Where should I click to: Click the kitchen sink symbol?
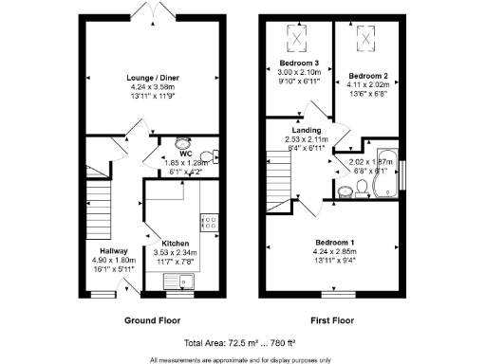coord(178,281)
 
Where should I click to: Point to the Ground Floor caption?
coord(153,320)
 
